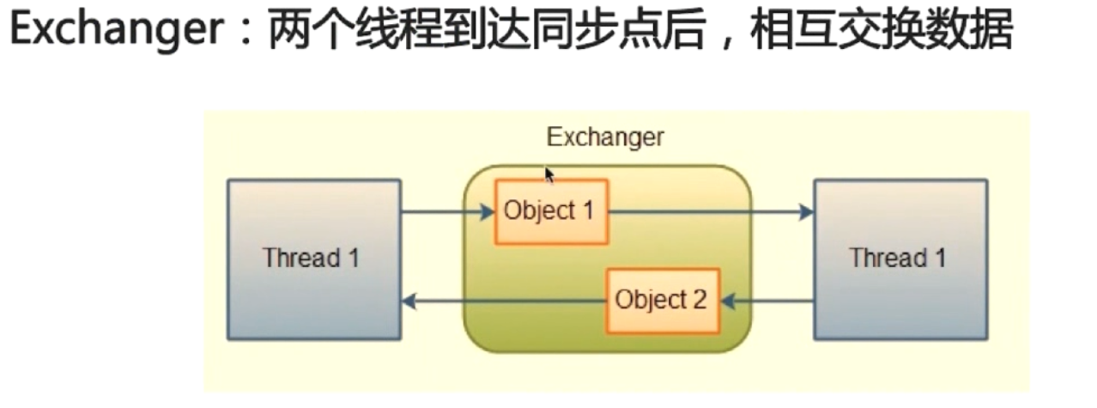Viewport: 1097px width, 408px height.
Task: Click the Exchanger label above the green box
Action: coord(605,137)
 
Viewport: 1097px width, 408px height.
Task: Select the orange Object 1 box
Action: coord(550,211)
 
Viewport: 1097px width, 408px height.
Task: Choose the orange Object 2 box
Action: coord(662,301)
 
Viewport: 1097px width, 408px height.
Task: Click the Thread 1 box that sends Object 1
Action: coord(313,259)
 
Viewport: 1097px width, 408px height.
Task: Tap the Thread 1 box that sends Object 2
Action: coord(900,259)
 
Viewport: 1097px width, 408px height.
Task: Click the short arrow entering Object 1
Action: coord(447,211)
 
